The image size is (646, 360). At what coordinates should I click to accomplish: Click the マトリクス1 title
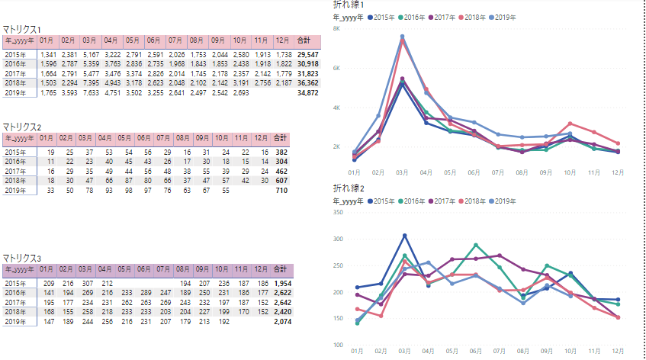[23, 28]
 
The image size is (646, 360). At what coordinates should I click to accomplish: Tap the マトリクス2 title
[23, 126]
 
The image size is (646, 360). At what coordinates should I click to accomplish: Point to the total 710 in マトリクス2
[281, 190]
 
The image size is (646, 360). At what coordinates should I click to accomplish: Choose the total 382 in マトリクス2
[281, 153]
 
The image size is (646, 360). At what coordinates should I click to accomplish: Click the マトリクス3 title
[23, 258]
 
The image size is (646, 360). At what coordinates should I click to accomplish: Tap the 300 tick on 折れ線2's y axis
[338, 239]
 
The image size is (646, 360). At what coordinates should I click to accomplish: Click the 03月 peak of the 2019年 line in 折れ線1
[403, 36]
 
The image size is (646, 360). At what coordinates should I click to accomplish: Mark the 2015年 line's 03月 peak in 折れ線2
[404, 235]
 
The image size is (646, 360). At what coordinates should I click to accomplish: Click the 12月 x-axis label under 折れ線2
[618, 349]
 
